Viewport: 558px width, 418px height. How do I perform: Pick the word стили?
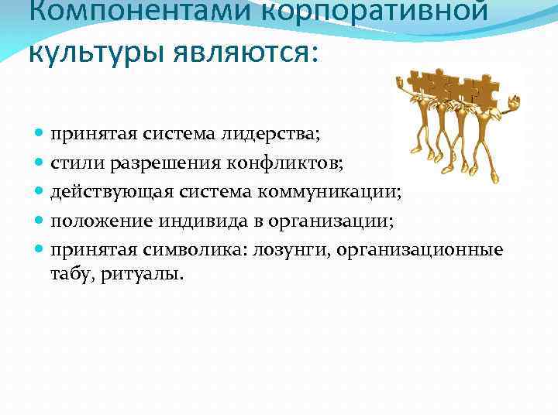[71, 163]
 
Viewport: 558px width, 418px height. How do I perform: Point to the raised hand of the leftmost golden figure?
[401, 79]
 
